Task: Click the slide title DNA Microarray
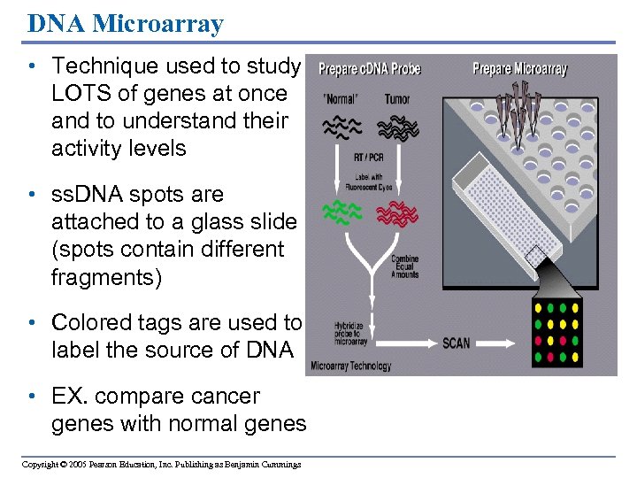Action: (126, 23)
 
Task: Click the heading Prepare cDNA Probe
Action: (369, 69)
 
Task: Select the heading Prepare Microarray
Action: (519, 69)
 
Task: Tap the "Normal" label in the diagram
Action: (340, 99)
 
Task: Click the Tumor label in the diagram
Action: (398, 99)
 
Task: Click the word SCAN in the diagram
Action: (457, 343)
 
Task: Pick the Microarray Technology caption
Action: (350, 366)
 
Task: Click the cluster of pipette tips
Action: (525, 111)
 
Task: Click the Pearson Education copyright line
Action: (161, 465)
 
